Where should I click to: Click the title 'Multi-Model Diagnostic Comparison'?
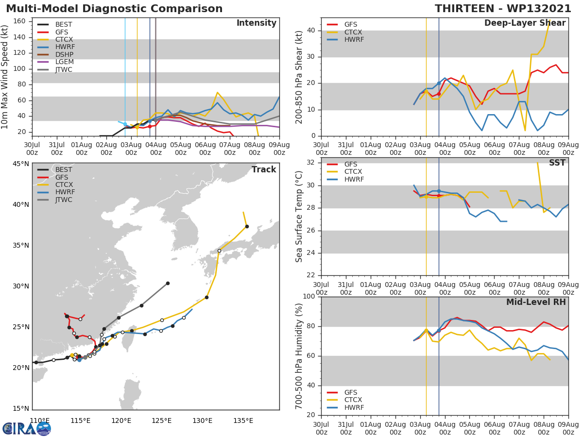pos(114,9)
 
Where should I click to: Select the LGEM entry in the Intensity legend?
pos(64,62)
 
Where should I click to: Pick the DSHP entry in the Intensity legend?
pos(64,54)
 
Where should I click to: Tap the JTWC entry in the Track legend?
pos(64,200)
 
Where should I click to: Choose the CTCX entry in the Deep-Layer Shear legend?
pos(353,32)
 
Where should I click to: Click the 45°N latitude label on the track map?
pos(20,164)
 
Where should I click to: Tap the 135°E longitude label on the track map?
pos(242,420)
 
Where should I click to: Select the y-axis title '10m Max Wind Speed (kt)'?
pos(5,77)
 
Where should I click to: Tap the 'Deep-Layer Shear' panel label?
pos(525,23)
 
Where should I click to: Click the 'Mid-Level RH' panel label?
pos(536,302)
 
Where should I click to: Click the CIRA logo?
pos(27,428)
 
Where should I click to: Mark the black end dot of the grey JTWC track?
pos(168,283)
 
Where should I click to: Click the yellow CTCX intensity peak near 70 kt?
pos(217,92)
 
